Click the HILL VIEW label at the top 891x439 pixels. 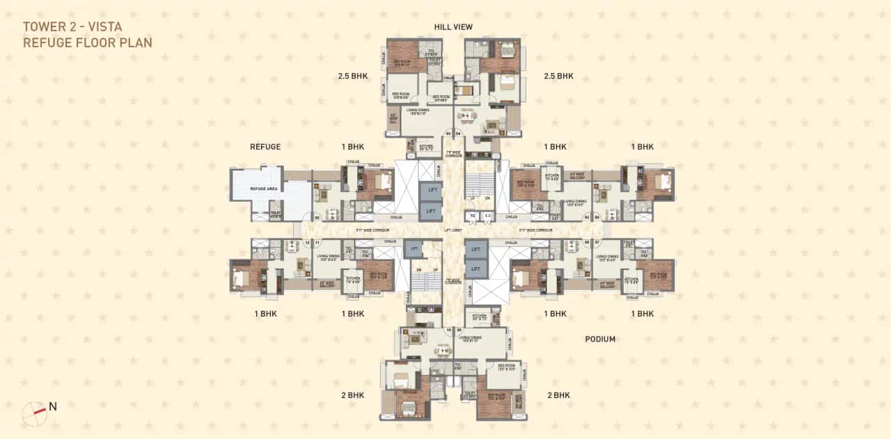pos(453,26)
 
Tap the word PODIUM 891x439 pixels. pos(600,339)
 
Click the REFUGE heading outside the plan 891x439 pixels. pos(265,147)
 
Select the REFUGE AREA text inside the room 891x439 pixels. pos(259,187)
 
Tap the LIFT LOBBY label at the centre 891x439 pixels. pos(453,229)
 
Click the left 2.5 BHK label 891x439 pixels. pos(353,76)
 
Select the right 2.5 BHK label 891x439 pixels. pos(558,76)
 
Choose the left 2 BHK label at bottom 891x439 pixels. pos(353,395)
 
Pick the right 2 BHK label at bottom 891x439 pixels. pos(558,395)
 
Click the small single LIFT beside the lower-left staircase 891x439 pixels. pos(415,247)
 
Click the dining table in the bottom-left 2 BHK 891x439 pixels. pos(416,337)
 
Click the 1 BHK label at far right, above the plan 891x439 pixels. pos(642,147)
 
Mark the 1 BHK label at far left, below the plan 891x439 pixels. pos(265,314)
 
